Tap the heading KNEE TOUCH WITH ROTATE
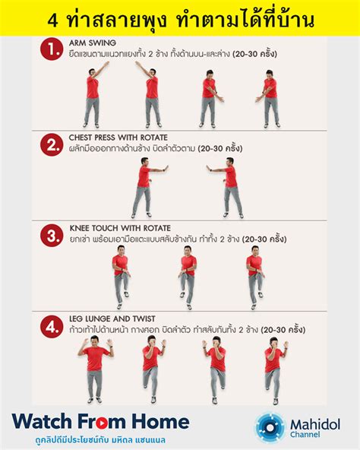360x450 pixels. click(x=114, y=228)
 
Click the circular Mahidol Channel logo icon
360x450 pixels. click(x=270, y=427)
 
